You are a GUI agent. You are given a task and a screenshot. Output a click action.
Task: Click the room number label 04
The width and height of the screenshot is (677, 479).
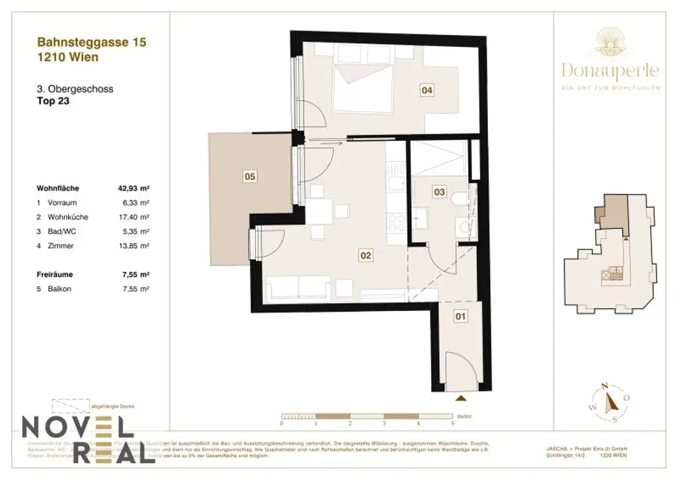[427, 91]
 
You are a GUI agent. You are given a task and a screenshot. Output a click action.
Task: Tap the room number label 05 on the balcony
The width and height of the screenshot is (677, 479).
[250, 177]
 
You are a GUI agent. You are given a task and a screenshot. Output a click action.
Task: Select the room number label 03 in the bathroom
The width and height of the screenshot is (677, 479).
[439, 192]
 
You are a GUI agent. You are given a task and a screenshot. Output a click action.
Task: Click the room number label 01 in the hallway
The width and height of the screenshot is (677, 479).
[461, 317]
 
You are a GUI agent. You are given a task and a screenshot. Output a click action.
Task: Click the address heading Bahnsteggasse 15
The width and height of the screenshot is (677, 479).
[92, 42]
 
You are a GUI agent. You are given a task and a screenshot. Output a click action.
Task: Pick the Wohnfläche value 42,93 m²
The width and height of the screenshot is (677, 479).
[132, 188]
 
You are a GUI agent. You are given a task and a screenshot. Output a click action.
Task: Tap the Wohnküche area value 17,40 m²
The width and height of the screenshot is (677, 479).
[134, 217]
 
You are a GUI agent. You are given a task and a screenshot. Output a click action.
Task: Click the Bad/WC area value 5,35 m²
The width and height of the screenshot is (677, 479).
[136, 232]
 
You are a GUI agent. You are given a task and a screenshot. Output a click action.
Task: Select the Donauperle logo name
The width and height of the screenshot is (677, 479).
[610, 69]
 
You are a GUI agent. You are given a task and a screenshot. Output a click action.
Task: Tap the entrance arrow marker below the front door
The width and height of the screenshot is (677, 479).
[461, 398]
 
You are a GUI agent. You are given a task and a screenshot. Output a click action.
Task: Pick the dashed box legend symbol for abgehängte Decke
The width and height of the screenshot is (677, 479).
[70, 406]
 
